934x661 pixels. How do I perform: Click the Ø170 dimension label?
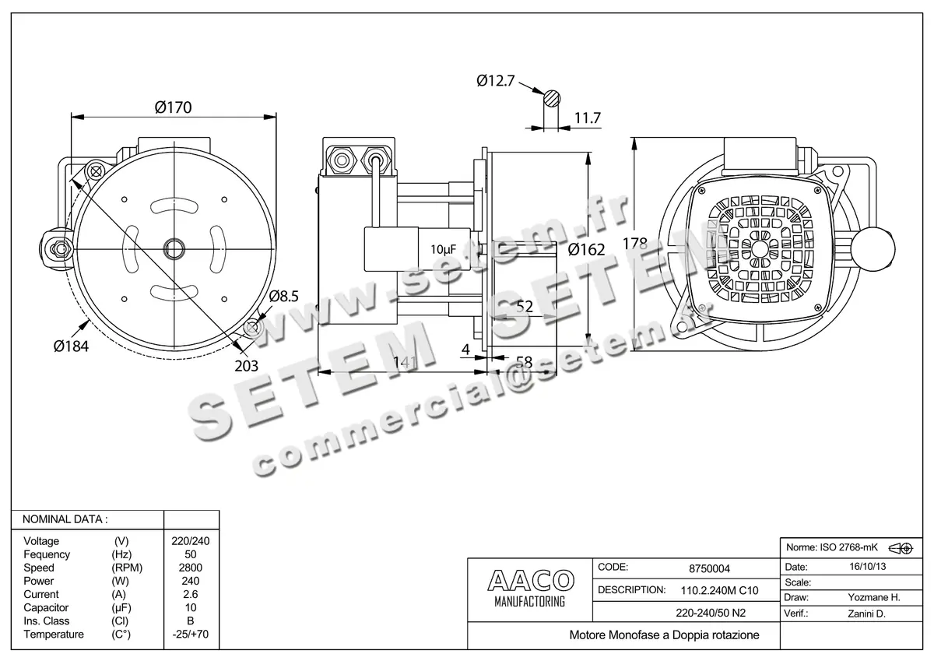[x=173, y=107]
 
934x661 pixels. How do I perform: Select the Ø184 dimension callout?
[x=72, y=346]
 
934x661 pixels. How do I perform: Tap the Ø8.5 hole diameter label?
[x=284, y=297]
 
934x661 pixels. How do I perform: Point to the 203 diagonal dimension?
[x=245, y=365]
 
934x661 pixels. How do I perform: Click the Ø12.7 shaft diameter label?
[x=495, y=80]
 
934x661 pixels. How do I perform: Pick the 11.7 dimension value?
[x=587, y=118]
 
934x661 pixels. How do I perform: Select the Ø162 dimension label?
[x=586, y=250]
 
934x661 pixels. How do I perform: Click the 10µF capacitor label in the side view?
[x=443, y=249]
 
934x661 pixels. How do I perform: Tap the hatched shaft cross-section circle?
[x=552, y=98]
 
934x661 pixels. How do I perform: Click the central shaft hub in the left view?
[x=173, y=248]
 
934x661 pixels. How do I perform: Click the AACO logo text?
[x=530, y=580]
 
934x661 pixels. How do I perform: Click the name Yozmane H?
[x=873, y=598]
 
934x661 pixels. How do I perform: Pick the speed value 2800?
[x=190, y=568]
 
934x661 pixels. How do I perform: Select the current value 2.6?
[x=190, y=594]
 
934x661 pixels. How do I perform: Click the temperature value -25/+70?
[x=190, y=635]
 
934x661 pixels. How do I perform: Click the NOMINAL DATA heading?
[x=65, y=519]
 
